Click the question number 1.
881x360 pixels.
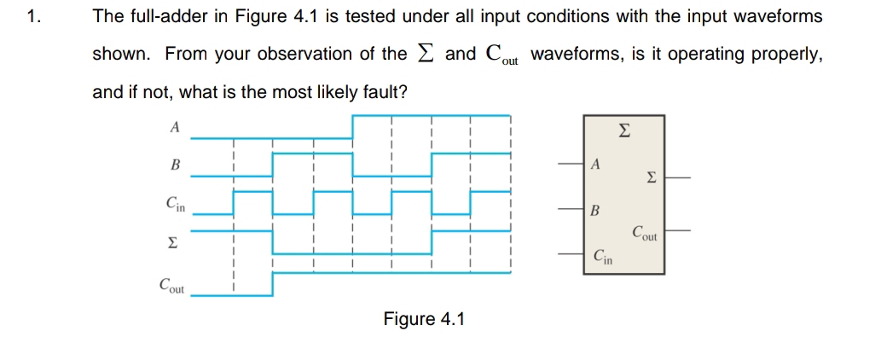pos(32,16)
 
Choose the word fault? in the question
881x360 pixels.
pos(384,91)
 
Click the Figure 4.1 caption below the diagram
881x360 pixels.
pos(424,319)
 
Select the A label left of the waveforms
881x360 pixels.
pos(175,127)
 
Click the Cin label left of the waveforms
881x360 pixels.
pos(176,204)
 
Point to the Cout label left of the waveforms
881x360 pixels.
pos(173,284)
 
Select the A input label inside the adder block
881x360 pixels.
pos(596,163)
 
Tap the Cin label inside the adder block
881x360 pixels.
pos(601,256)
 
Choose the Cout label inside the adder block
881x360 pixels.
pos(645,232)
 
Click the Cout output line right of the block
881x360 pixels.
pos(678,230)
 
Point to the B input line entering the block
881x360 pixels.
pos(571,208)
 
